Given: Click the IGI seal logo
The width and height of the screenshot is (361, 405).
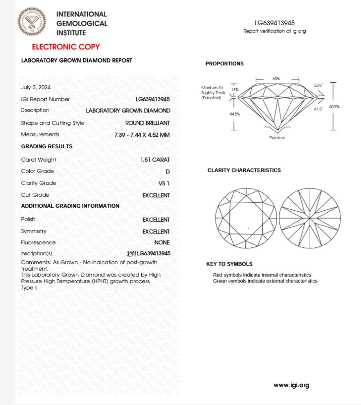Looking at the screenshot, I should (x=32, y=22).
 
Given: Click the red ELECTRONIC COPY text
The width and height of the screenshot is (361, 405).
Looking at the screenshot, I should (x=66, y=47).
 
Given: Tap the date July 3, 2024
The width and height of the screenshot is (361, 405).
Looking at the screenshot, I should (x=36, y=87).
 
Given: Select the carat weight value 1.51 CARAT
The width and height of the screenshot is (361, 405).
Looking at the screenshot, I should (x=155, y=160).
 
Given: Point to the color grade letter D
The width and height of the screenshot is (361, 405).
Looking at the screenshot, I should (x=168, y=171).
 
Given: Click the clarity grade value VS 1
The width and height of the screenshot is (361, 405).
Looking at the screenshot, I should (x=164, y=183).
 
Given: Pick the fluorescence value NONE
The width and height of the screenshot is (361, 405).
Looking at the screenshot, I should (x=162, y=243).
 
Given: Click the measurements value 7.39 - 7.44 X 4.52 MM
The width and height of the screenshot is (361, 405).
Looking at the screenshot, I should (x=142, y=135).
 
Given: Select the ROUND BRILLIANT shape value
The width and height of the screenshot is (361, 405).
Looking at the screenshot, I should (x=147, y=123).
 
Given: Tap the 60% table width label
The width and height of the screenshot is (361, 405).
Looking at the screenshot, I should (x=276, y=79).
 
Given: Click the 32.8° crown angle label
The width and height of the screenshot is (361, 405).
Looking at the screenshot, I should (x=318, y=85).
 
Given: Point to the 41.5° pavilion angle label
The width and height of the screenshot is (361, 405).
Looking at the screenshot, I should (x=318, y=109).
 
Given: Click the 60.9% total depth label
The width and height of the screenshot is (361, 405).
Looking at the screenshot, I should (x=334, y=107).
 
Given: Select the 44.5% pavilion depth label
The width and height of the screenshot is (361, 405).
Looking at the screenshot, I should (x=235, y=114).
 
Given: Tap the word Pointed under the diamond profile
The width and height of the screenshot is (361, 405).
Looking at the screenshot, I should (x=277, y=138).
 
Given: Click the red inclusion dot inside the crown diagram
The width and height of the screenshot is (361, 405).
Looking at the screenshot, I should (x=249, y=228).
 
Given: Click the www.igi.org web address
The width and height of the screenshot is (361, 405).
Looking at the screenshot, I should (x=292, y=385).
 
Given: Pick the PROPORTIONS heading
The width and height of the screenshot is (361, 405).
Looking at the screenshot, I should (x=224, y=64).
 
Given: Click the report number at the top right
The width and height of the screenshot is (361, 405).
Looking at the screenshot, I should (x=275, y=23).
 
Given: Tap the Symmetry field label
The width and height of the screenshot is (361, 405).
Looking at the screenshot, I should (x=34, y=231).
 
